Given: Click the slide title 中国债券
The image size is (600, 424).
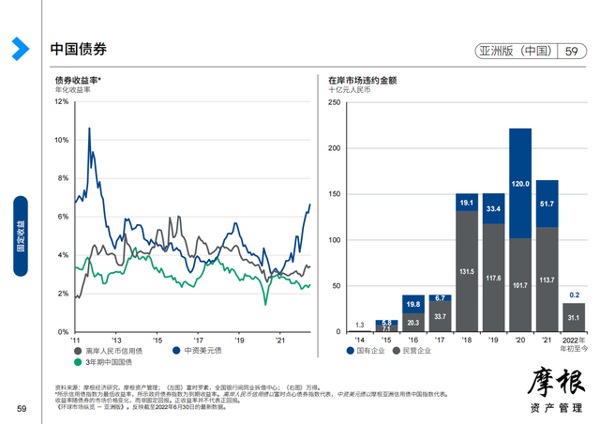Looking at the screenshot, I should click(78, 49).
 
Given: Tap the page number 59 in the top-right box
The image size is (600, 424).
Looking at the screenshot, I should click(572, 52).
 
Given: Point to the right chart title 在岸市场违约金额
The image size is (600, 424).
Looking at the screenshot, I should click(362, 81).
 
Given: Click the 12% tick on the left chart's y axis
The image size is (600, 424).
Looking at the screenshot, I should click(62, 101).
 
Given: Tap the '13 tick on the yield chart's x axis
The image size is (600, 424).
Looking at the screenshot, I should click(116, 341).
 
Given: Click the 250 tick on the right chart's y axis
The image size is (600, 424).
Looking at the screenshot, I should click(333, 101).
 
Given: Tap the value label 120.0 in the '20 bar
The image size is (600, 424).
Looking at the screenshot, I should click(520, 183).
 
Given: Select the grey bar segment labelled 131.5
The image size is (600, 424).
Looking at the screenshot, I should click(467, 271).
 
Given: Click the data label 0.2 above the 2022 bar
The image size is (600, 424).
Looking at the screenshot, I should click(574, 295).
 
